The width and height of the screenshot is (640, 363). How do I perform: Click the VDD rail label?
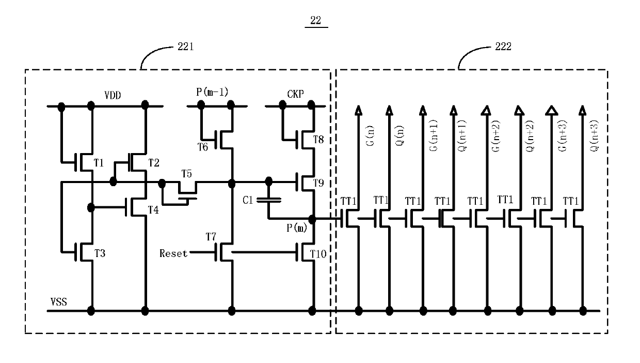point(113,95)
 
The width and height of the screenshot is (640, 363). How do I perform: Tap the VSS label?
point(58,302)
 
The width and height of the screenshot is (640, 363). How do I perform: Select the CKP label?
point(295,94)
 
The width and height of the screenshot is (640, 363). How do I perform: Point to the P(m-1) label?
point(212,92)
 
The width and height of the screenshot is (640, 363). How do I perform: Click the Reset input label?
point(173,253)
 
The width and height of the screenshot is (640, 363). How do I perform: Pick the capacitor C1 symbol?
point(269,200)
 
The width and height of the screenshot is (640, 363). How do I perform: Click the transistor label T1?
point(99,163)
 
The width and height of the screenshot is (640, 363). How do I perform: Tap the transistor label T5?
point(186,173)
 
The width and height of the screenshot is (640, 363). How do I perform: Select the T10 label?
point(318,254)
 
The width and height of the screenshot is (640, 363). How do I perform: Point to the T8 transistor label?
point(318,140)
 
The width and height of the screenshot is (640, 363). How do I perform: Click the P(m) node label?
point(297,228)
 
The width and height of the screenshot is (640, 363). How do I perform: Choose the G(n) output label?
point(370,135)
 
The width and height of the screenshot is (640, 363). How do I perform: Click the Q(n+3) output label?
point(594,135)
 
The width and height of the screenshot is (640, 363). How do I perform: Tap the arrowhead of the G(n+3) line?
point(552,111)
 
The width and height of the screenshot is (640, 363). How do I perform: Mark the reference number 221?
point(186,47)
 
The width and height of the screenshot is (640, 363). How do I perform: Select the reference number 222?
point(503,47)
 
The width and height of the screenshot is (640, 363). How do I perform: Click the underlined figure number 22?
point(316,20)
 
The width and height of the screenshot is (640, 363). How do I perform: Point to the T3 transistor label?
point(100,253)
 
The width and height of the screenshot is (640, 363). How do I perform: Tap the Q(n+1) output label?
point(462,135)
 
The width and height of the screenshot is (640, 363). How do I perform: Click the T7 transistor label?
point(211,237)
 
